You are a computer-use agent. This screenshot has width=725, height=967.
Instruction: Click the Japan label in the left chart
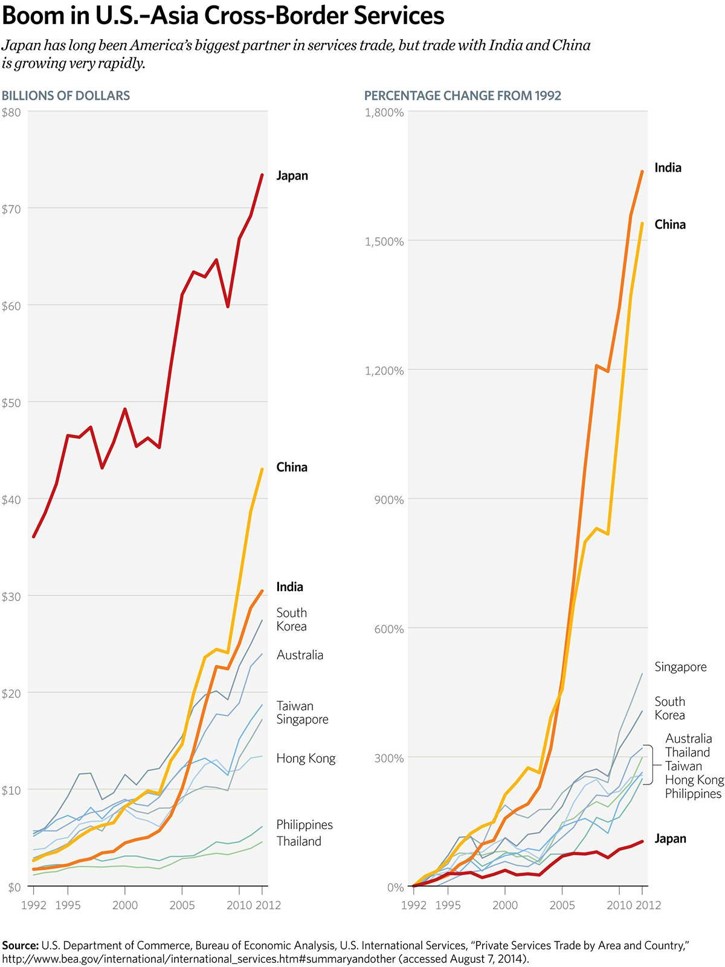[292, 176]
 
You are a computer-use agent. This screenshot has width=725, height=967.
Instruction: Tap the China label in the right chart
[670, 225]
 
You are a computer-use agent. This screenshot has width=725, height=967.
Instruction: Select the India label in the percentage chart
[668, 168]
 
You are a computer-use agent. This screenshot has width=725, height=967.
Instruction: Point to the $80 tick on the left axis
[11, 112]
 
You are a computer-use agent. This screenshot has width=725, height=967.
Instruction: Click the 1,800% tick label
[384, 112]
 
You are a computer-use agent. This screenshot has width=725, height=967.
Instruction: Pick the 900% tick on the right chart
[388, 500]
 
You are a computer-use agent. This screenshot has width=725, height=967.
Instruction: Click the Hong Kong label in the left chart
[306, 758]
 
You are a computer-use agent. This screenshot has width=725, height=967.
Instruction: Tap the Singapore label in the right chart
[680, 667]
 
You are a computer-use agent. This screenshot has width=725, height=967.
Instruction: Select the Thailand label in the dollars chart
[298, 841]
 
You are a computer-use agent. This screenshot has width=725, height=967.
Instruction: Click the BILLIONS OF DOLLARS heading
[66, 95]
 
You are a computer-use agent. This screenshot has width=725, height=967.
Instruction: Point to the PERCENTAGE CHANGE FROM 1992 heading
[463, 95]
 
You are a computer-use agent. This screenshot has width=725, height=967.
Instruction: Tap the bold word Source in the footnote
[21, 945]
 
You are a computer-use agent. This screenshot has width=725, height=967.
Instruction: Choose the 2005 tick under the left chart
[182, 905]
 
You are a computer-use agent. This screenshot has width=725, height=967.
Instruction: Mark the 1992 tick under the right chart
[413, 905]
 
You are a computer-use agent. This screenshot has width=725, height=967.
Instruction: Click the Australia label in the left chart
[300, 655]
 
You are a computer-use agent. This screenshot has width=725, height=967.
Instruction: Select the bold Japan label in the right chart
[670, 839]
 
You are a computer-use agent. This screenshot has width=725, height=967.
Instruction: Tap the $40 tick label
[11, 500]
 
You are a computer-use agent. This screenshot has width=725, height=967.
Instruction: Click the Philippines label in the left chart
[304, 825]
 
